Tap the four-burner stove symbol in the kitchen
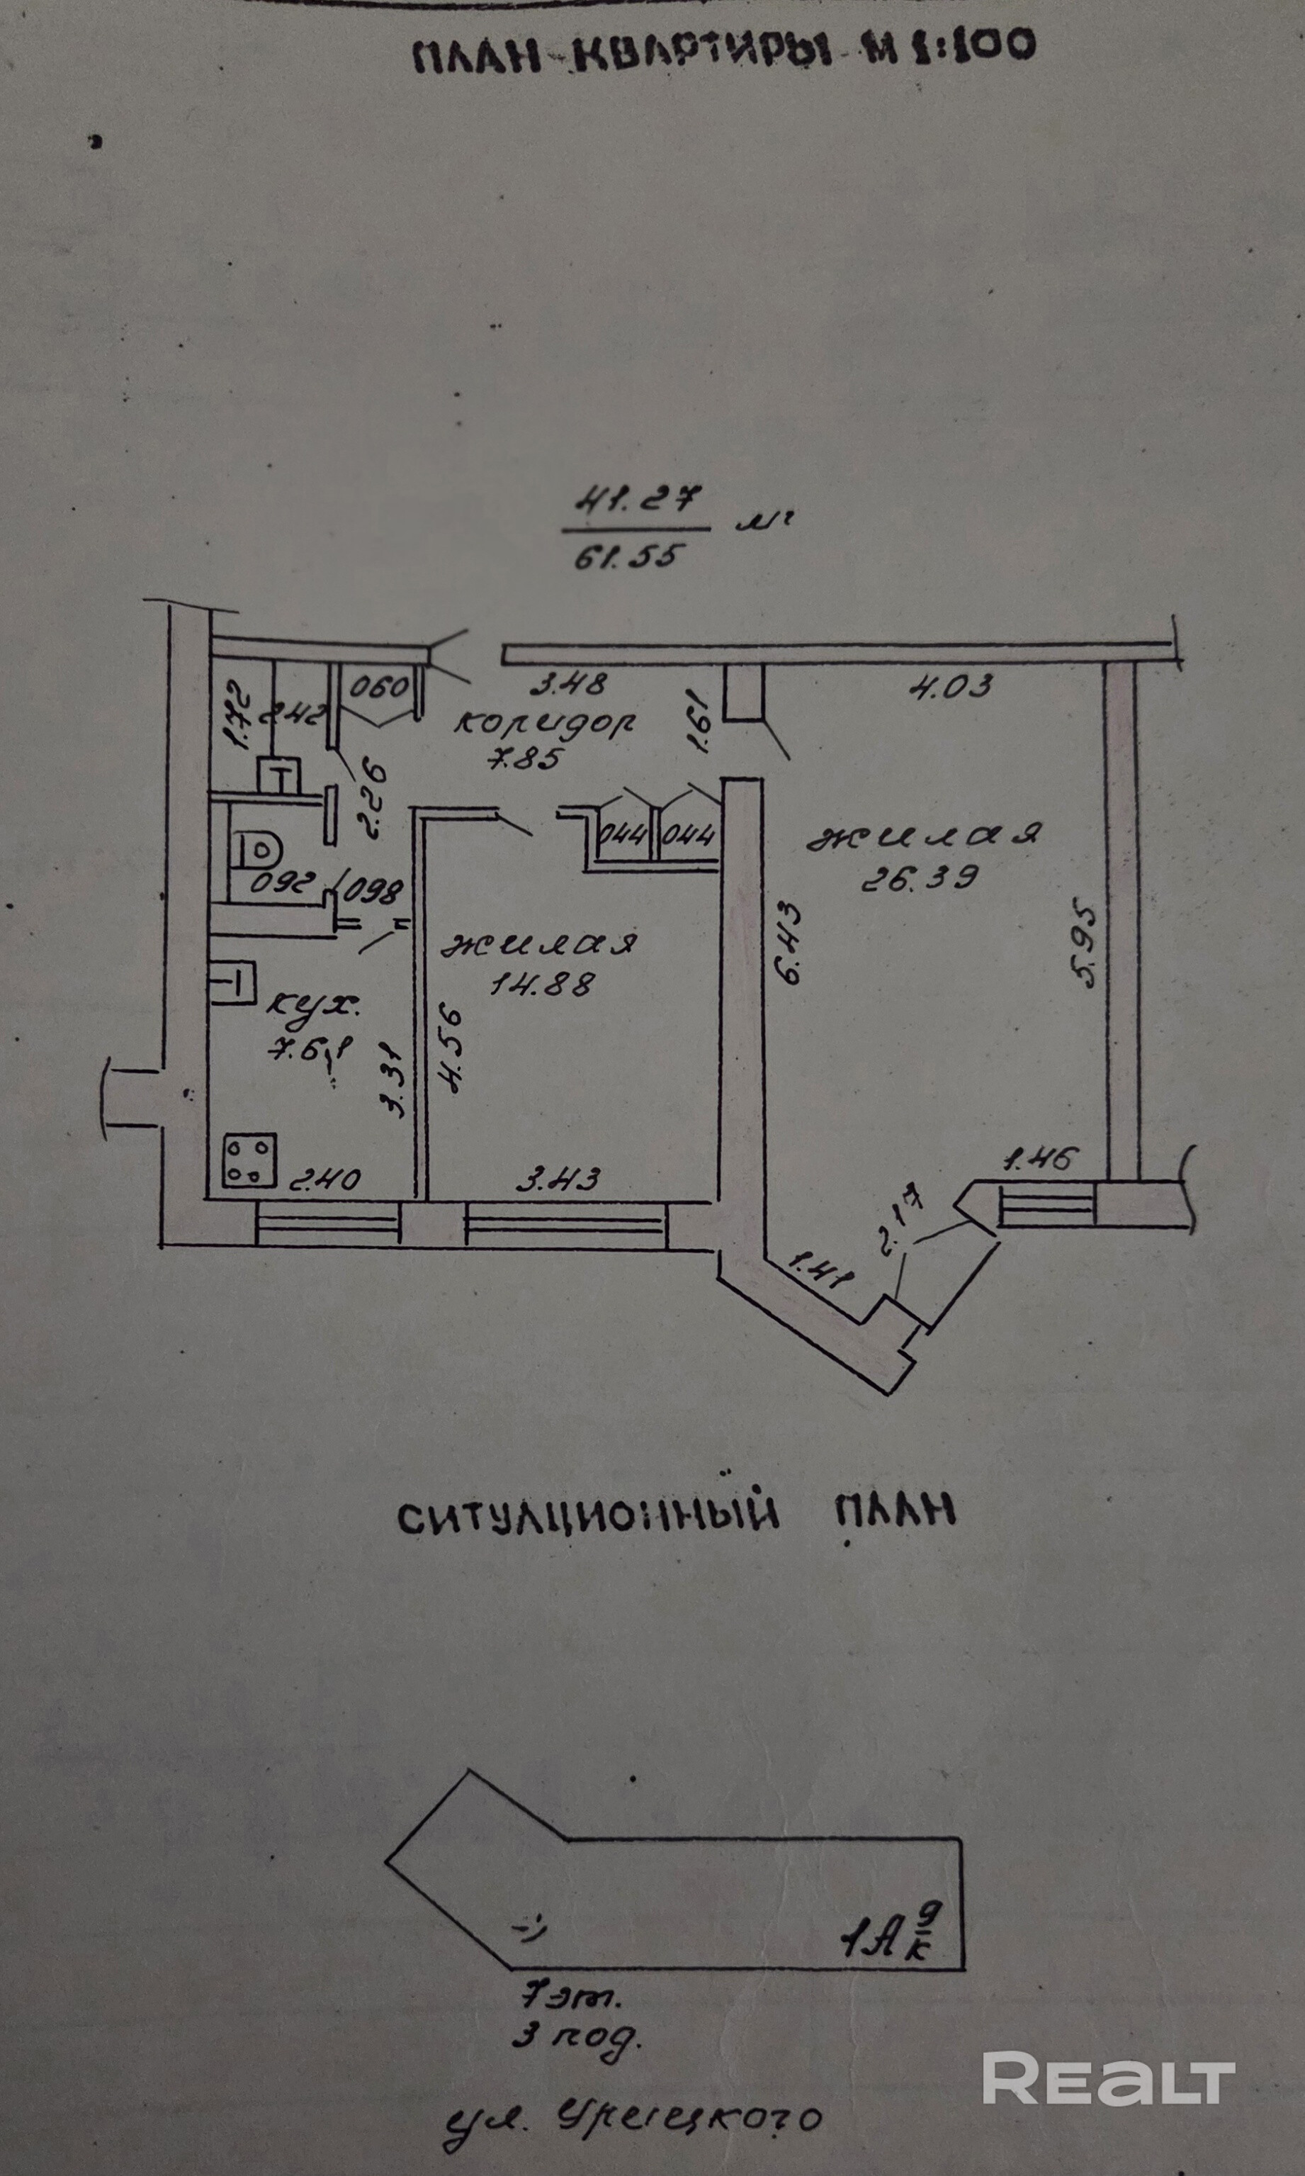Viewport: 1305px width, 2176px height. pyautogui.click(x=249, y=1161)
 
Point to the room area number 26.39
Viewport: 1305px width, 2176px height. pyautogui.click(x=918, y=877)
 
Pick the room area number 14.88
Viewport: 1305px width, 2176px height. pyautogui.click(x=542, y=982)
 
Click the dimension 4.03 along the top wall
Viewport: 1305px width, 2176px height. pyautogui.click(x=951, y=685)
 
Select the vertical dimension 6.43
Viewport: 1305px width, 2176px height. pyautogui.click(x=788, y=941)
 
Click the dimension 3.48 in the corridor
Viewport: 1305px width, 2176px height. pyautogui.click(x=568, y=683)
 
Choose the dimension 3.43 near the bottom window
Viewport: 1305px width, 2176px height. pyautogui.click(x=558, y=1179)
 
